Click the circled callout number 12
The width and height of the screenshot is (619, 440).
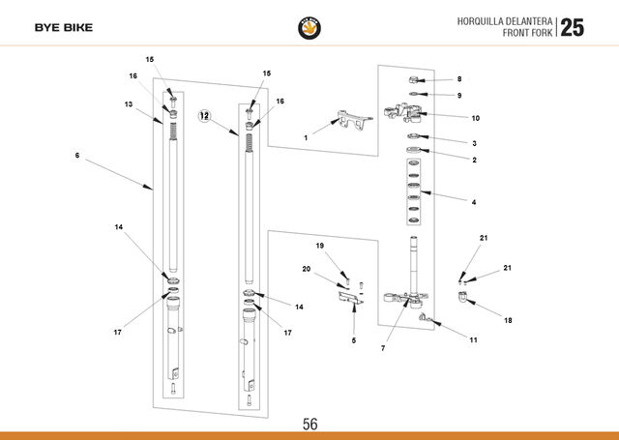204,116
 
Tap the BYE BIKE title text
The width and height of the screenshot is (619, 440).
64,28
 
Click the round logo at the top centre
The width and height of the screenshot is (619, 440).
309,28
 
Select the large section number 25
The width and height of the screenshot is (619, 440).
572,28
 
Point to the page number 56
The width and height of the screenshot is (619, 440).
309,425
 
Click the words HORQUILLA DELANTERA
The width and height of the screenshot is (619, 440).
505,21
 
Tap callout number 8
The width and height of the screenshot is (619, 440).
459,79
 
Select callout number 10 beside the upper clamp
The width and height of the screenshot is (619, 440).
475,118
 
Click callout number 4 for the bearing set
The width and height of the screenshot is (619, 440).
474,202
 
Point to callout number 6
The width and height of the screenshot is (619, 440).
77,156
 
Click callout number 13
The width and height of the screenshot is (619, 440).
129,104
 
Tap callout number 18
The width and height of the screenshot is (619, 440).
508,320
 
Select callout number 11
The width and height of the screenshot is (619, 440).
473,339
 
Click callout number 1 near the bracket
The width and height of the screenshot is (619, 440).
306,137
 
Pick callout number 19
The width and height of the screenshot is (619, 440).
320,246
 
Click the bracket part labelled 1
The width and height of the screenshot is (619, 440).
354,119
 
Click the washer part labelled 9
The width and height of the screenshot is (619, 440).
413,94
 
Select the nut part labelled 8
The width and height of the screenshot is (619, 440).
413,80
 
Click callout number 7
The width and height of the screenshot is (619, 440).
383,348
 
